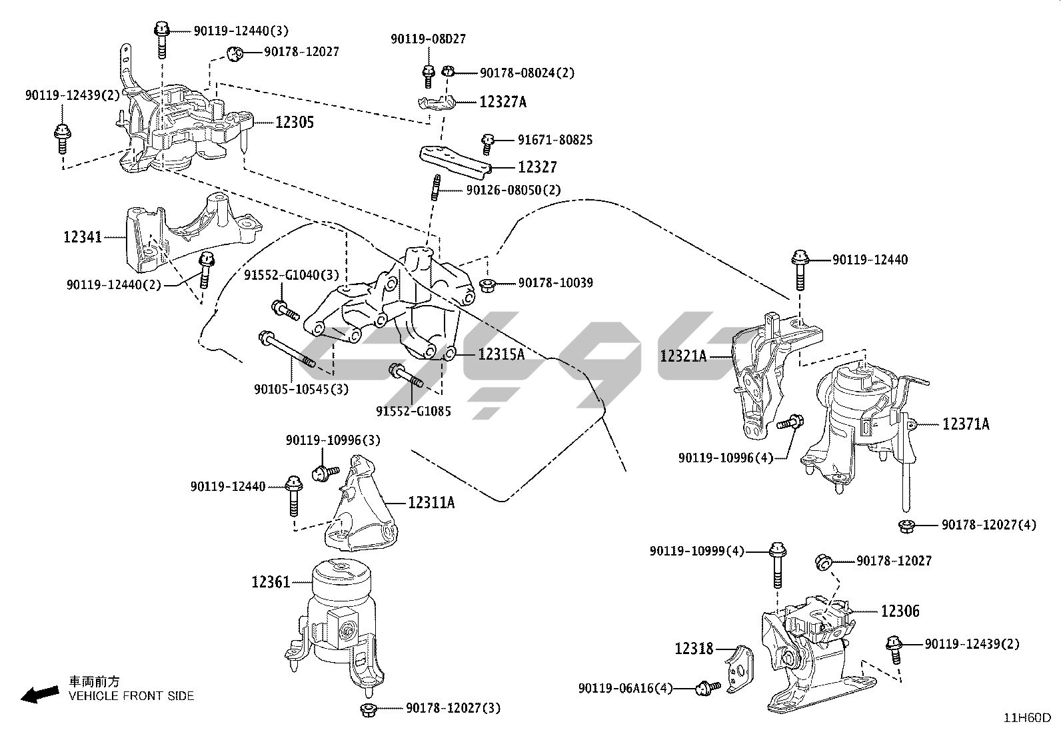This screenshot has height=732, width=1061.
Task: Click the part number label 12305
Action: pyautogui.click(x=294, y=123)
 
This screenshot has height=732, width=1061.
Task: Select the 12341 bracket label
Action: pyautogui.click(x=83, y=236)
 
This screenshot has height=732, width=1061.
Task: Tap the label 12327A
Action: pyautogui.click(x=503, y=102)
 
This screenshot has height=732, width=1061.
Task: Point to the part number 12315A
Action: pyautogui.click(x=501, y=354)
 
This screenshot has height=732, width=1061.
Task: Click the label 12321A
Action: pyautogui.click(x=683, y=356)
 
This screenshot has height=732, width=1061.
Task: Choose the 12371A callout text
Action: pyautogui.click(x=966, y=424)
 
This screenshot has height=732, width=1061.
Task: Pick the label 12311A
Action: pyautogui.click(x=431, y=502)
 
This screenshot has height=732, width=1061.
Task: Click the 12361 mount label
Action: pyautogui.click(x=271, y=582)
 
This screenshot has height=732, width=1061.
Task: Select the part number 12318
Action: pyautogui.click(x=694, y=648)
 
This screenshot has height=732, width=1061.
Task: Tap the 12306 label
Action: pyautogui.click(x=900, y=611)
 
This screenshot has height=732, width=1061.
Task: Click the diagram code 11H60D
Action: pyautogui.click(x=1028, y=718)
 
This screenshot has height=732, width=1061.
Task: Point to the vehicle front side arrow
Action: pyautogui.click(x=39, y=694)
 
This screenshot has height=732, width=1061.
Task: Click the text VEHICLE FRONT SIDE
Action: pyautogui.click(x=131, y=696)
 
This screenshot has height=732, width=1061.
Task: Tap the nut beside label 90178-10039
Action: pyautogui.click(x=487, y=286)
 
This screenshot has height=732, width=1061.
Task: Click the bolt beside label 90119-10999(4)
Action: pyautogui.click(x=776, y=563)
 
